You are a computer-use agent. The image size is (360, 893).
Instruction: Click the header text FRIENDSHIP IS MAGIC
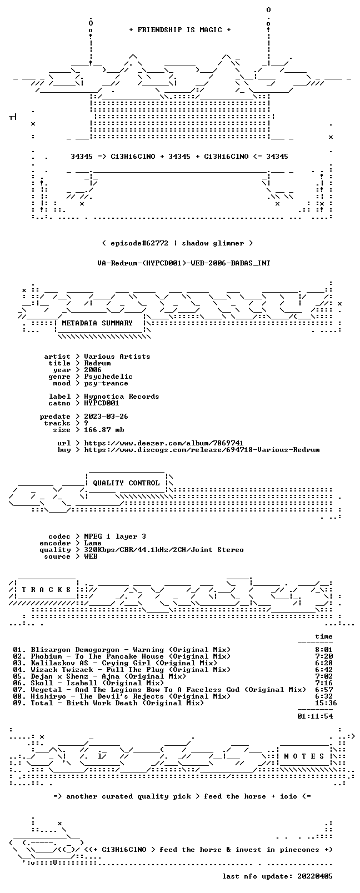coord(180,30)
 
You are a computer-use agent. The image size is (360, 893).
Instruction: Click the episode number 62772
coord(157,243)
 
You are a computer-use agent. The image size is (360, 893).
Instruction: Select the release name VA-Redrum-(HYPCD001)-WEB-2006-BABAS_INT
coord(184,263)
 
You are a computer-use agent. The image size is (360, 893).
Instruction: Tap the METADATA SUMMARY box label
coord(97,323)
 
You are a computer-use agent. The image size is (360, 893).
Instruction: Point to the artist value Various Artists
coord(117,357)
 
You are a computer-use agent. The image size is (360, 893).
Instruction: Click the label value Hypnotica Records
coord(122,397)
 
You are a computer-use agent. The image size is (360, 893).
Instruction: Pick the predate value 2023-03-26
coord(106,416)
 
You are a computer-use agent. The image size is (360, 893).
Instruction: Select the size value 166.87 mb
coord(104,430)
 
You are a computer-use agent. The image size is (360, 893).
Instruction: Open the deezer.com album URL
coord(164,443)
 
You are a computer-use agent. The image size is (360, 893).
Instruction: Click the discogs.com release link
coord(202,450)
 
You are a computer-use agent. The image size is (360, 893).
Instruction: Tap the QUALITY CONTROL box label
coord(126,483)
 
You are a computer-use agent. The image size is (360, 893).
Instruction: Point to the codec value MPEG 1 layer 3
coord(115,536)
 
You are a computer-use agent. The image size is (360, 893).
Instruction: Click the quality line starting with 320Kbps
coord(164,550)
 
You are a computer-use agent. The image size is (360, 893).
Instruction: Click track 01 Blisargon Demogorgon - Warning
coord(122,649)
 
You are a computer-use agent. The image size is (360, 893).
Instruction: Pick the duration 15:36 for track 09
coord(326,703)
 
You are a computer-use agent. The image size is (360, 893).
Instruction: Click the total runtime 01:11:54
coord(315,716)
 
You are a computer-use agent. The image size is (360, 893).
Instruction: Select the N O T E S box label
coord(304,756)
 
